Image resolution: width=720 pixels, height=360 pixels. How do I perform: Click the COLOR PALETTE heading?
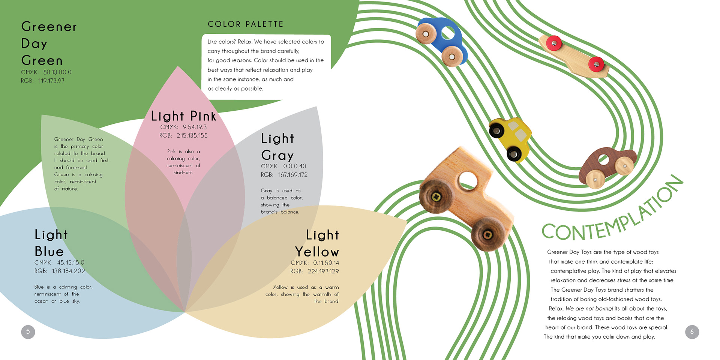[x=246, y=24]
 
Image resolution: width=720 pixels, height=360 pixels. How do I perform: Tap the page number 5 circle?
[x=28, y=332]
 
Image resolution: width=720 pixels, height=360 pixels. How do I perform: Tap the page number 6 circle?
[x=692, y=332]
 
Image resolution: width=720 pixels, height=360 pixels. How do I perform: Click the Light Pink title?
[x=183, y=116]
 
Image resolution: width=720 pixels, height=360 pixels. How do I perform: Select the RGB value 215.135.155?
[x=192, y=136]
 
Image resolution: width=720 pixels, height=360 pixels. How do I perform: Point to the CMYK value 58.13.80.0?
[x=57, y=72]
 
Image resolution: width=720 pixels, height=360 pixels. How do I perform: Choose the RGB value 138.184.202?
[x=68, y=271]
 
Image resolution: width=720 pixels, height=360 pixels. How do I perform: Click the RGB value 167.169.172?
[x=292, y=175]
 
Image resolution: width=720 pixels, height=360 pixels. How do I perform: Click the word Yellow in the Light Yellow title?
[x=317, y=252]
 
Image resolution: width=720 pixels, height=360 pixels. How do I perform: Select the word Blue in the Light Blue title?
[x=49, y=251]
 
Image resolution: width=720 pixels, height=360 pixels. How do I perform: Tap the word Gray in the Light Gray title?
[x=277, y=155]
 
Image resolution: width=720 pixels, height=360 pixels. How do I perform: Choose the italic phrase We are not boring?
[x=589, y=309]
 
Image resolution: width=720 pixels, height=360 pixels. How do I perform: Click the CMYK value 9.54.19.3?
[x=195, y=127]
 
